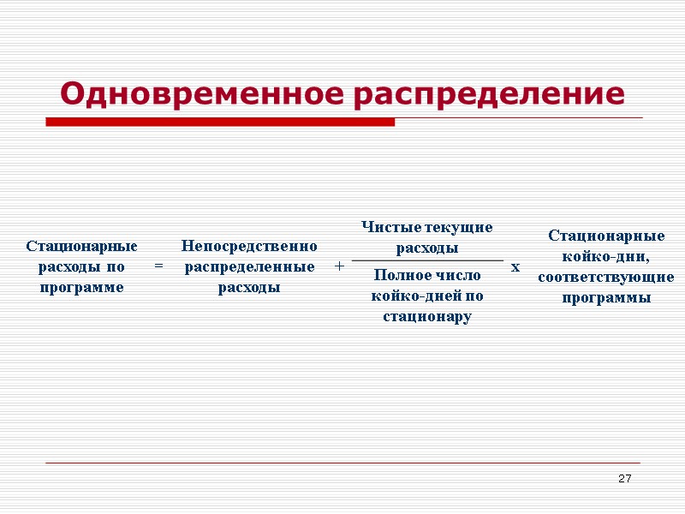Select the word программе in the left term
[82, 288]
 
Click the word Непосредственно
[249, 247]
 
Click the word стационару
[427, 317]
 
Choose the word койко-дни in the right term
[606, 256]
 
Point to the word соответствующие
[606, 278]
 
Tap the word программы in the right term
[606, 298]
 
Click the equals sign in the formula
[158, 267]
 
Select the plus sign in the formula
[339, 267]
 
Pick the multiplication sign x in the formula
[515, 267]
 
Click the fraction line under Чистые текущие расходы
[427, 260]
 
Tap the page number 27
[624, 477]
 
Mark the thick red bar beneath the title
[220, 123]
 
